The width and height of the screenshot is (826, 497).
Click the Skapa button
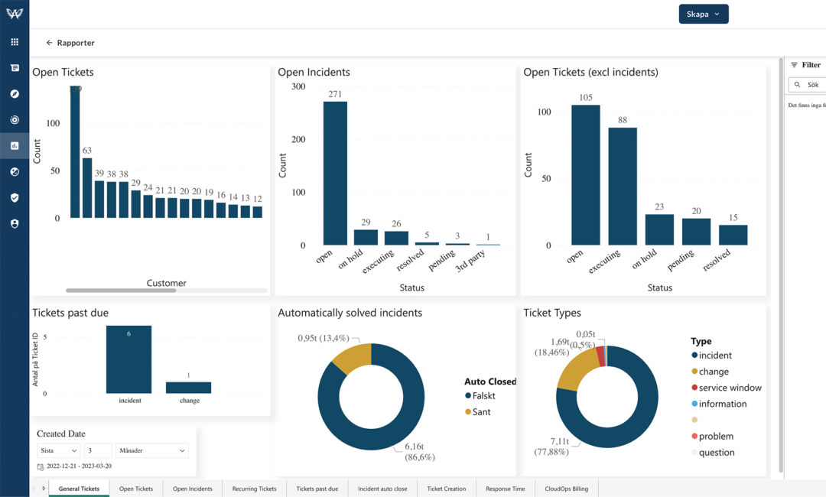[703, 14]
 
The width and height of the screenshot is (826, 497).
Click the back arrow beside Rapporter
[50, 43]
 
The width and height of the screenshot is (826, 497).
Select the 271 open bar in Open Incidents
[335, 173]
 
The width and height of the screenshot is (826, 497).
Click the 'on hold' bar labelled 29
[366, 237]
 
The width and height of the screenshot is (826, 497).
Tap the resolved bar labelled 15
[733, 235]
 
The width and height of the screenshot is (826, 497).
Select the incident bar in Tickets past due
[128, 359]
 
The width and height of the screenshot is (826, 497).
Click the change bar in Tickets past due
[188, 388]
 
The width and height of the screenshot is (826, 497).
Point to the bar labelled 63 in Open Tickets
[87, 187]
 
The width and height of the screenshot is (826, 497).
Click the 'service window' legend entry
[730, 388]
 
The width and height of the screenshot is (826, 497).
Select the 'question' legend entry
[716, 453]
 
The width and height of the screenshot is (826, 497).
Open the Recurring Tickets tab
[254, 489]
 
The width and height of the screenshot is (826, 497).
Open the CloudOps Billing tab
[567, 489]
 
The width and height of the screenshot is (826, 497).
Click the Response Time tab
[505, 489]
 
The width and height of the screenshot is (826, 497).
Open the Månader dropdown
[152, 451]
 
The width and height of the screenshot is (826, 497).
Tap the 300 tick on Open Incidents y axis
[298, 86]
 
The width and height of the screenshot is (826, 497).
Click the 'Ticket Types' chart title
[551, 313]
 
